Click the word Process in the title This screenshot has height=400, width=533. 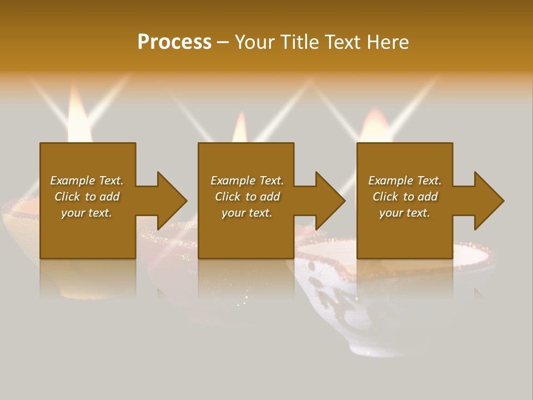tap(174, 42)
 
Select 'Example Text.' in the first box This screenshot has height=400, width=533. tap(87, 181)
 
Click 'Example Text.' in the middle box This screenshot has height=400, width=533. tap(247, 181)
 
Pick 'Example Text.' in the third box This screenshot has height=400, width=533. tap(405, 181)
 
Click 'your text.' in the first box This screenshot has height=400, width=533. tap(87, 213)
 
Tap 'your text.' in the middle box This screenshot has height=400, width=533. tap(247, 213)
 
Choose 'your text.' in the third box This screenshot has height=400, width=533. tap(405, 213)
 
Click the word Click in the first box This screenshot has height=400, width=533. tap(68, 197)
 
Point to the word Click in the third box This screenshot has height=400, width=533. tap(386, 197)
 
